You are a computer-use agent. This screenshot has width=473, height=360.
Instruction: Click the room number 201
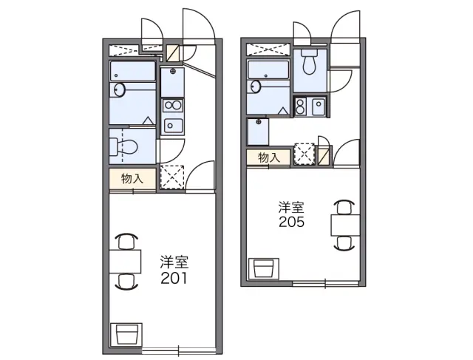[x=174, y=278]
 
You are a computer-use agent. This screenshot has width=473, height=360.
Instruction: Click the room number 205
[x=291, y=222]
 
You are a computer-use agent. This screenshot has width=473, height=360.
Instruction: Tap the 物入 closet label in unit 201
[x=132, y=179]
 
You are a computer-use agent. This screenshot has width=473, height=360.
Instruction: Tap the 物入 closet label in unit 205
[x=269, y=157]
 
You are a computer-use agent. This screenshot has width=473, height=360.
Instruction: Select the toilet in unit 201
[x=124, y=146]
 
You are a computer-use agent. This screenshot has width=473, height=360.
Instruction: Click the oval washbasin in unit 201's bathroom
[x=120, y=89]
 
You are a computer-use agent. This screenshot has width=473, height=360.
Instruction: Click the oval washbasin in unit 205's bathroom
[x=256, y=87]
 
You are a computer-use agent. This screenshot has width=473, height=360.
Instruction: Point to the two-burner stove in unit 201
[x=172, y=106]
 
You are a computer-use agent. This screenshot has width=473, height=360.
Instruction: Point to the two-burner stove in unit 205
[x=301, y=106]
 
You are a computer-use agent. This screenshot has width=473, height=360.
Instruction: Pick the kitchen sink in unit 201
[x=172, y=126]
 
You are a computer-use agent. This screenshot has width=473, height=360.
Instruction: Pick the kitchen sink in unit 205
[x=319, y=106]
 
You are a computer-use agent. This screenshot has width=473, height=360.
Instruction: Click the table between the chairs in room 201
[x=125, y=262]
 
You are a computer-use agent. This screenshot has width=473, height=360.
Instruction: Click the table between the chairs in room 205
[x=345, y=225]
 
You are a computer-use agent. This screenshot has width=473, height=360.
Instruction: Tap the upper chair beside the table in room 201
[x=126, y=241]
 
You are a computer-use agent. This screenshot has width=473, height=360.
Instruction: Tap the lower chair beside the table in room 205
[x=344, y=243]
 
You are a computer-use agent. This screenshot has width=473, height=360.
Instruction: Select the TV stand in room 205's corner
[x=264, y=268]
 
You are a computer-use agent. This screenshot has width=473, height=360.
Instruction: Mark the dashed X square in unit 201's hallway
[x=171, y=177]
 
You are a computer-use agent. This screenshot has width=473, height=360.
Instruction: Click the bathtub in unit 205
[x=268, y=69]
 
